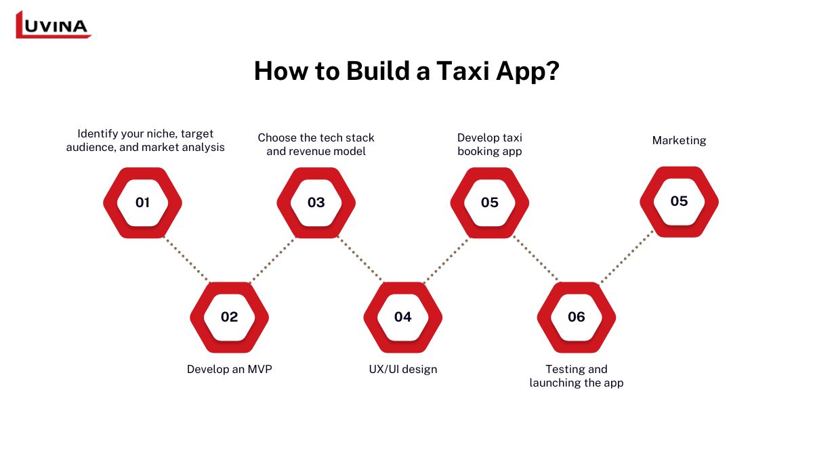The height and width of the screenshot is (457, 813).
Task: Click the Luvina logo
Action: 53,25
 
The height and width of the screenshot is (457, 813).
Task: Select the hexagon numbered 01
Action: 142,202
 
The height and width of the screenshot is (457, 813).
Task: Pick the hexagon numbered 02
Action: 229,317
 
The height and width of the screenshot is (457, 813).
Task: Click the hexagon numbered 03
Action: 316,202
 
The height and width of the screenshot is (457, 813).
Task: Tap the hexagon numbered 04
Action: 402,317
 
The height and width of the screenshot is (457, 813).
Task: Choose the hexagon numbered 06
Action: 576,317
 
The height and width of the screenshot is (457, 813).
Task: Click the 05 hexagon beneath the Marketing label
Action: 679,201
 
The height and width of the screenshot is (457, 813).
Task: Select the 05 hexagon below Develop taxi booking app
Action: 489,202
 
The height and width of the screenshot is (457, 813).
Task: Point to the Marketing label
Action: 679,141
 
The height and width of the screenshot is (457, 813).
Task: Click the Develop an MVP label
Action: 229,370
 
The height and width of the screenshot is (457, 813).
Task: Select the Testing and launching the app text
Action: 576,376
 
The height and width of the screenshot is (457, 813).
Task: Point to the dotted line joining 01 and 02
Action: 186,259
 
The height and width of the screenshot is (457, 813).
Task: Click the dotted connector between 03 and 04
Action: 360,259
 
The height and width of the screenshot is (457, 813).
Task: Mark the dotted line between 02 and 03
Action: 272,259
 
